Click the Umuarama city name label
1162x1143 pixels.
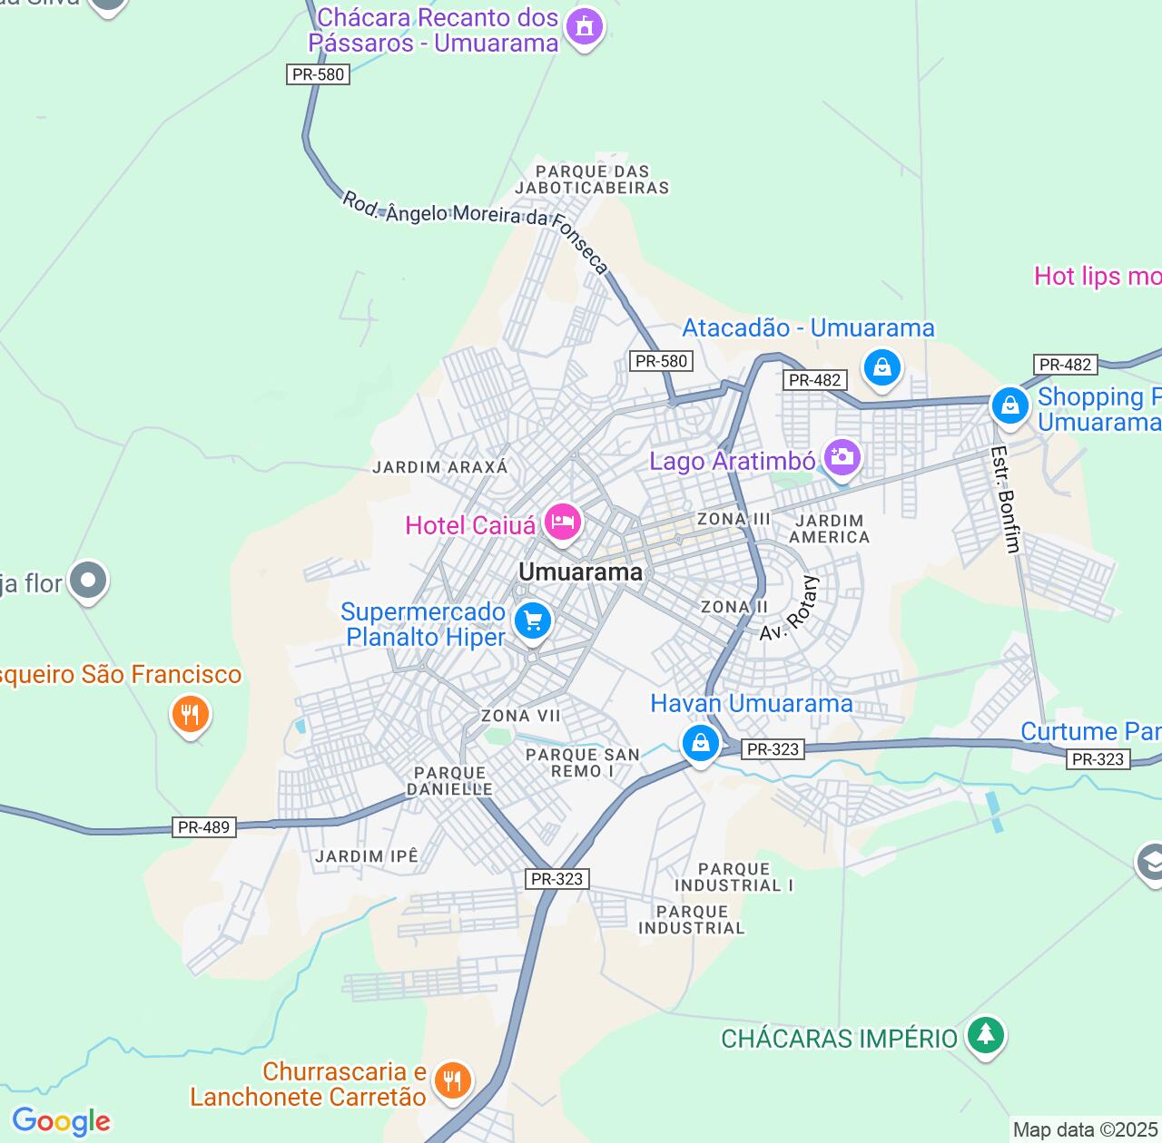coord(580,572)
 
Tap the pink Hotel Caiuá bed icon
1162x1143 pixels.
coord(562,523)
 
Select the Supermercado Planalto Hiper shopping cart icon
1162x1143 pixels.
coord(533,621)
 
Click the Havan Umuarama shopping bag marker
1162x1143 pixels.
coord(700,744)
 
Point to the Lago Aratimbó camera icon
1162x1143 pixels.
coord(842,457)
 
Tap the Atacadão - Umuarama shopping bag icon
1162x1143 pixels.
coord(881,368)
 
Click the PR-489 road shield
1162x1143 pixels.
coord(204,827)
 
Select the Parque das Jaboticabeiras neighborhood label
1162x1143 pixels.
coord(592,180)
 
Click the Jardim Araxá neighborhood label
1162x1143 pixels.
coord(440,467)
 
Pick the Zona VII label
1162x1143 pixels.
coord(520,716)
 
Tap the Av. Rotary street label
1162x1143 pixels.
coord(790,609)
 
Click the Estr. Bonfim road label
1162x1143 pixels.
coord(1006,499)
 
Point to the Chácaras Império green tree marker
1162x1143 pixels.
coord(985,1034)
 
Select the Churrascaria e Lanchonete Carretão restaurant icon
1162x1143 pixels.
coord(451,1080)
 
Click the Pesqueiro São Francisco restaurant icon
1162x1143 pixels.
coord(190,714)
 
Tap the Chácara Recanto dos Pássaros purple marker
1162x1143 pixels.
coord(584,27)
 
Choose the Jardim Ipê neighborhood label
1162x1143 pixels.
coord(367,856)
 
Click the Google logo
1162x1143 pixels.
coord(61,1121)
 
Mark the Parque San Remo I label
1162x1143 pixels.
coord(583,763)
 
